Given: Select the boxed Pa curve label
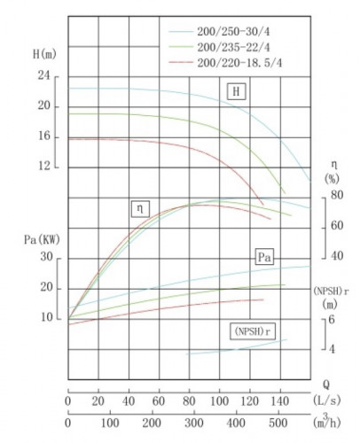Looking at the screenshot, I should click(x=263, y=257).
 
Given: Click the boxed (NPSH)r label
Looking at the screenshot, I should click(x=253, y=330).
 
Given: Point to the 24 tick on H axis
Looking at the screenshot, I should click(x=43, y=77).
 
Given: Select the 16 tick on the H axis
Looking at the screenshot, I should click(x=43, y=136).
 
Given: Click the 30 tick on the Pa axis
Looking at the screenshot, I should click(x=46, y=258).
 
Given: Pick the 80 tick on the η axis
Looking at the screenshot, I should click(x=337, y=194).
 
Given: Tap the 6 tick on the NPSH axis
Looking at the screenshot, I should click(x=331, y=319).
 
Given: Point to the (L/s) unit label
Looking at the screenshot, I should click(x=331, y=400).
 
